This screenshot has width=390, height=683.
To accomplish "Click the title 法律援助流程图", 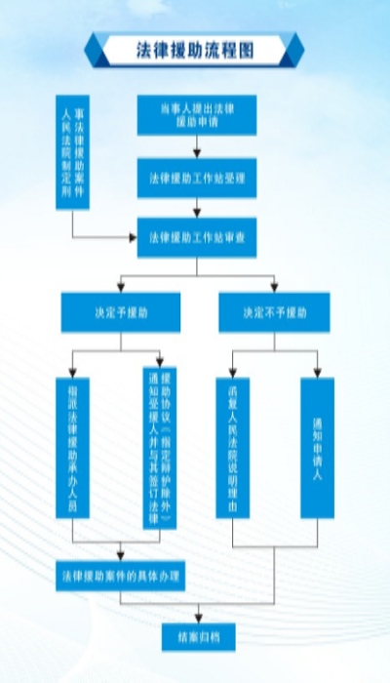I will (195, 48).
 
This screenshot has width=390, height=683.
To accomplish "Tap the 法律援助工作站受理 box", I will (197, 178).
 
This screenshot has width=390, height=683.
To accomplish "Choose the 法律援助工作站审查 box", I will (197, 237).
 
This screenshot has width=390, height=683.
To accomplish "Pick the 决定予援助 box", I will (121, 312).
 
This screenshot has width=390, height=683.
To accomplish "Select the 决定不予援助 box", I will (274, 312).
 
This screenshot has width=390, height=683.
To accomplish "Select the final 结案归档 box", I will (197, 636).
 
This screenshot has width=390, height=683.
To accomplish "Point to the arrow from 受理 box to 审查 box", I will (197, 208).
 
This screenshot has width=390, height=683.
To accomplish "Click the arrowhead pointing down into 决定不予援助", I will (274, 289).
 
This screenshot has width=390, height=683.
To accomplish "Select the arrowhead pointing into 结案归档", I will (197, 619).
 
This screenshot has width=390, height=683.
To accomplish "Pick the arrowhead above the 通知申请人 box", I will (317, 372).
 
